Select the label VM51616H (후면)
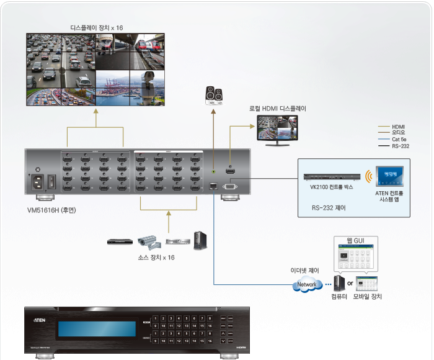51,210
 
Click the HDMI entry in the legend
398,126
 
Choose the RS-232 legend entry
400,146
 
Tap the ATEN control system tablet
389,176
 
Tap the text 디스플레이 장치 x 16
96,28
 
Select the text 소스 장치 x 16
156,257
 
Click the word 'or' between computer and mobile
350,284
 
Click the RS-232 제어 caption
329,209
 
